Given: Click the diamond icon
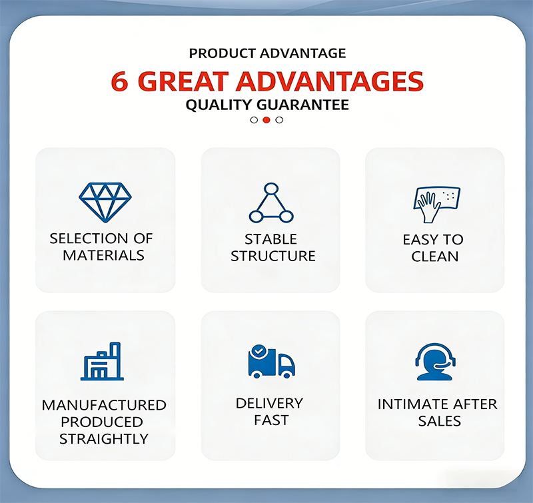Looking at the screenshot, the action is coord(105,203).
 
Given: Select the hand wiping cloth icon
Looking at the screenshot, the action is coord(437,205).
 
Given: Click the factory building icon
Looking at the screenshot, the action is coord(102,361).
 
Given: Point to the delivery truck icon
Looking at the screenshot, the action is coord(272,362).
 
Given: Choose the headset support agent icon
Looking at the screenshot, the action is coord(435,362).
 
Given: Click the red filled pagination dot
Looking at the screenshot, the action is coord(266,120).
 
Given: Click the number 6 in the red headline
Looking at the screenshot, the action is coord(120,81).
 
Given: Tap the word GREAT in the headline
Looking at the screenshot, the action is coord(183,81).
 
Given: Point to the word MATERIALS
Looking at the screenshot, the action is coord(104,255).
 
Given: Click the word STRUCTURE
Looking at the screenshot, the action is coord(273,256).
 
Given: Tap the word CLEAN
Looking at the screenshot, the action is coord(435,256).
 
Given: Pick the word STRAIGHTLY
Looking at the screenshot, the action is coord(104,439).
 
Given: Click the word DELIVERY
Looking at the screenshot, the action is coord(269,404).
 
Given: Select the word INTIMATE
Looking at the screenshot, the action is coord(410,404).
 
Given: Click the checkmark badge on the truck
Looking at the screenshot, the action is coord(259,350).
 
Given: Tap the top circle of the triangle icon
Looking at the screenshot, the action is coord(271,189).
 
